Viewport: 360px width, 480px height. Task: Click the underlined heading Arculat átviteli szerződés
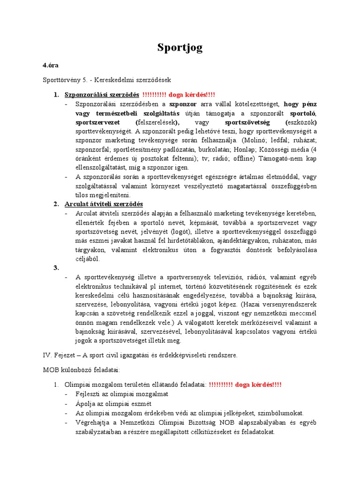pos(104,204)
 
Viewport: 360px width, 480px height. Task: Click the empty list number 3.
pos(56,268)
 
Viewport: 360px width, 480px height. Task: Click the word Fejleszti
pos(88,394)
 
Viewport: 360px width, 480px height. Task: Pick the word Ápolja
pos(86,404)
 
